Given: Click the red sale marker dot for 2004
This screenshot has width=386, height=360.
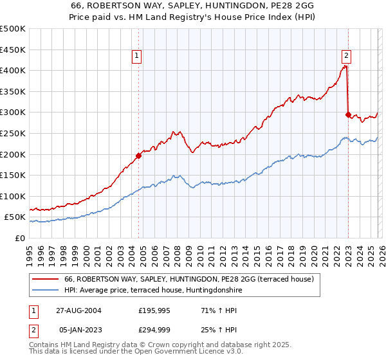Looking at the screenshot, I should (x=138, y=156).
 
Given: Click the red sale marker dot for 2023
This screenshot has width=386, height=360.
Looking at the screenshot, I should (x=348, y=114).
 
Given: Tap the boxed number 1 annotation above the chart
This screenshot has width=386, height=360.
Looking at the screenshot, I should (x=138, y=56).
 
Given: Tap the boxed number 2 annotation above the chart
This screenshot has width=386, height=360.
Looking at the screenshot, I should (x=346, y=56).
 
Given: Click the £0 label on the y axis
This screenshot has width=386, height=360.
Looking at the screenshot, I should (x=20, y=238).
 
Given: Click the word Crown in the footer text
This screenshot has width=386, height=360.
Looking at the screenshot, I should (x=168, y=346).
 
